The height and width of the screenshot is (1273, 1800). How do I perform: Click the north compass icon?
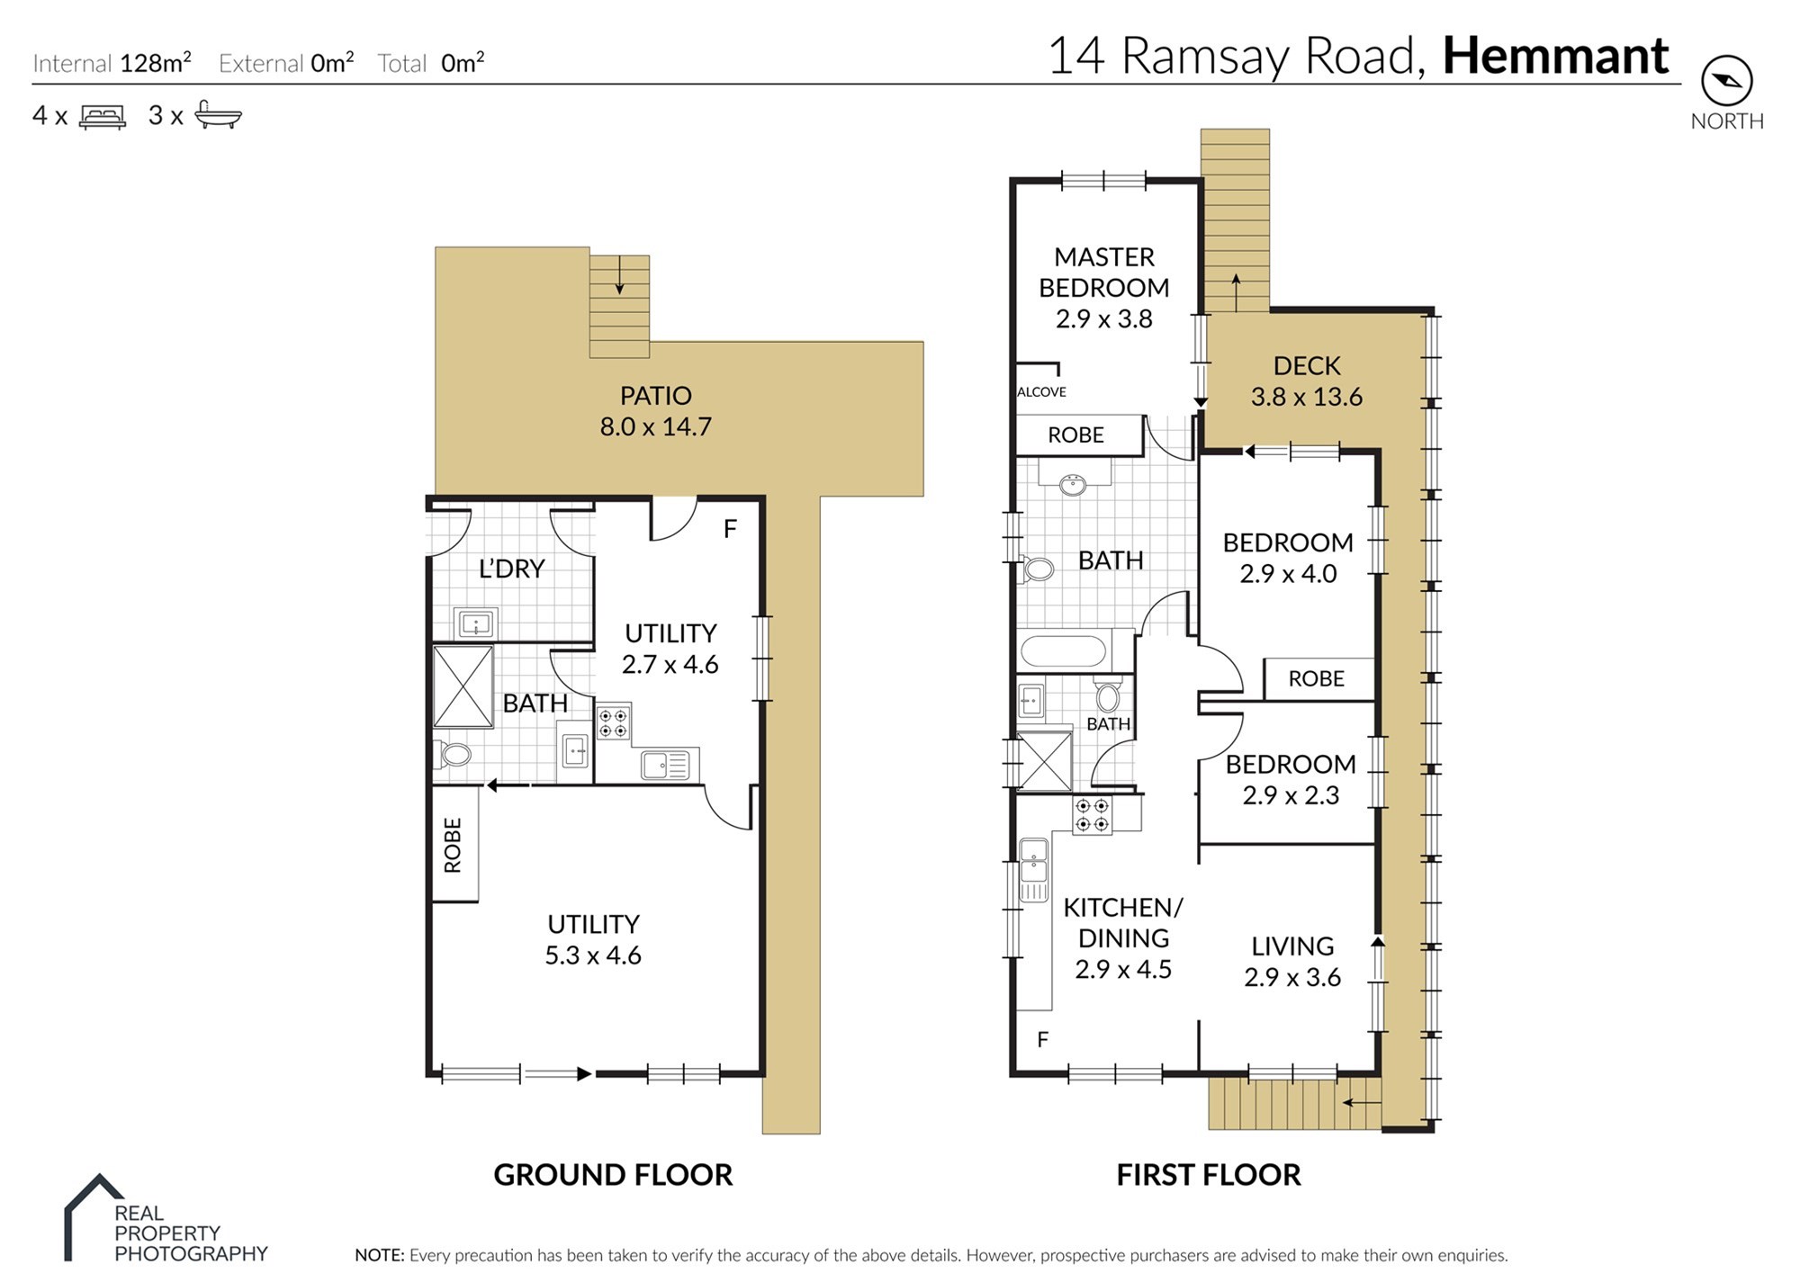click(1726, 81)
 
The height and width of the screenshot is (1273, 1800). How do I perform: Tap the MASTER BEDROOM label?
click(1103, 273)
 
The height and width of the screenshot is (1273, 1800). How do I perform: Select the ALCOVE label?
click(1041, 392)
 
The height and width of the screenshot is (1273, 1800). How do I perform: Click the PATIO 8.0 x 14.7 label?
click(655, 411)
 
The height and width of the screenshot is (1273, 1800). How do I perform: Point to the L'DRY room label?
click(511, 569)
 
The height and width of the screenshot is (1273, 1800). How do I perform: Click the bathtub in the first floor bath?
click(1065, 651)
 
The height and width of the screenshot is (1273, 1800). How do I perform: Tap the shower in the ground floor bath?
click(463, 686)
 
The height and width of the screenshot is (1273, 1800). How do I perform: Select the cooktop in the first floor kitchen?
click(1092, 815)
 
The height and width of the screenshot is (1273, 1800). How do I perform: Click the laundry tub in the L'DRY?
click(475, 623)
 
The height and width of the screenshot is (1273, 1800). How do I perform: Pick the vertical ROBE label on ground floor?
click(453, 845)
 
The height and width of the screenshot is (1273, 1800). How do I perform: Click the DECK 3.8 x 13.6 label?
click(1307, 381)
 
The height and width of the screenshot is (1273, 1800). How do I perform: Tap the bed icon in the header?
click(103, 117)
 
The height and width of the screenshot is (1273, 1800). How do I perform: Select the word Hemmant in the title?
click(1556, 57)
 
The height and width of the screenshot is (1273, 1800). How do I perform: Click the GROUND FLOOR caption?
click(613, 1175)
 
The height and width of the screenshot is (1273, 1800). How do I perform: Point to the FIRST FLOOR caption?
click(1209, 1175)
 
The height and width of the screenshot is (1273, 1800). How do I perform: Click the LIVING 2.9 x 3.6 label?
click(1292, 962)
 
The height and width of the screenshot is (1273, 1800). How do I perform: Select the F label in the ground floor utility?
click(730, 529)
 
